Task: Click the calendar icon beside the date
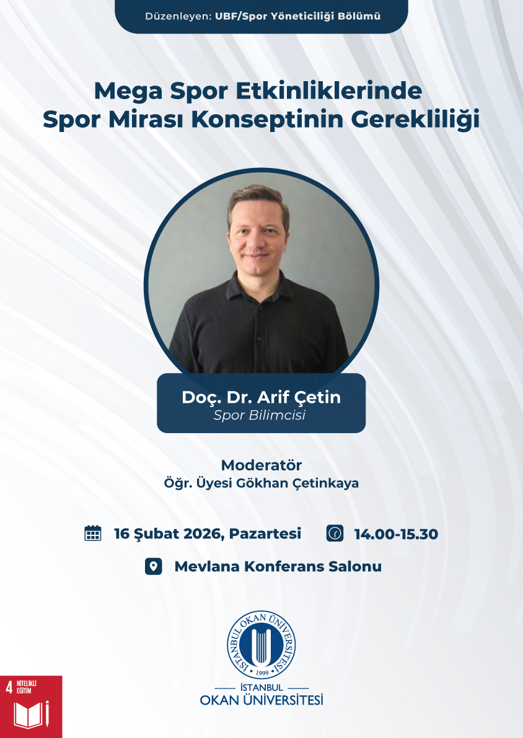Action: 93,534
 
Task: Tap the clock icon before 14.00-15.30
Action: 335,534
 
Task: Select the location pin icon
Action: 154,566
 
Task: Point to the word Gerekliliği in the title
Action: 415,120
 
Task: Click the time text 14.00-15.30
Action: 397,534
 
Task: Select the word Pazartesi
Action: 265,534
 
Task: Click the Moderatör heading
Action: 261,465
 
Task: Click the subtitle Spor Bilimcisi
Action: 260,415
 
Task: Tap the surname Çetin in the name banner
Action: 317,397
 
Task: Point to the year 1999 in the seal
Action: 261,672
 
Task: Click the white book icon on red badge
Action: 31,714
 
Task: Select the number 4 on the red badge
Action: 9,688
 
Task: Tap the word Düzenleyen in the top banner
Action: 178,17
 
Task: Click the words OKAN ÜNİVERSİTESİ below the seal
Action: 261,700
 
